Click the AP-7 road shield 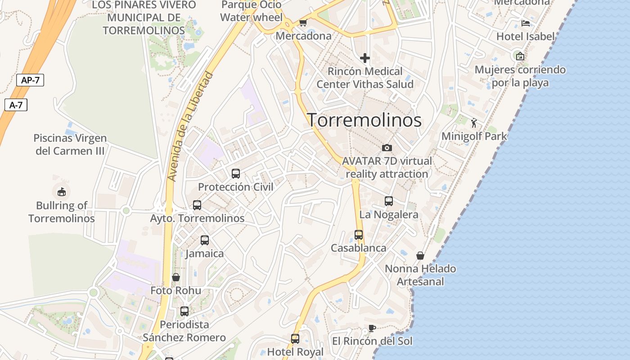pos(30,81)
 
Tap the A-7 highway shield pos(16,105)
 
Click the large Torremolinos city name pos(364,120)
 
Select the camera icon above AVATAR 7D pos(387,148)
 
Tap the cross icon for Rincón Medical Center pos(365,58)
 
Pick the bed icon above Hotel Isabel pos(525,23)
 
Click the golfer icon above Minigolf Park pos(474,122)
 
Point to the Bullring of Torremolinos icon pos(62,192)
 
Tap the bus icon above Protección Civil pos(235,173)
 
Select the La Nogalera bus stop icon pos(389,201)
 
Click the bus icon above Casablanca pos(359,234)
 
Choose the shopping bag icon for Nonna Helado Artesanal pos(420,256)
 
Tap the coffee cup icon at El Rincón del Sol pos(372,328)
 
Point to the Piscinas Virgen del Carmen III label pos(70,144)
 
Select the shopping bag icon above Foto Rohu pos(176,277)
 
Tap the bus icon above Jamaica pos(205,240)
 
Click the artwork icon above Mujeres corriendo pos(520,56)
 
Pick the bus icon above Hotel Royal pos(295,339)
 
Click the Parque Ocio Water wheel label pos(252,11)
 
